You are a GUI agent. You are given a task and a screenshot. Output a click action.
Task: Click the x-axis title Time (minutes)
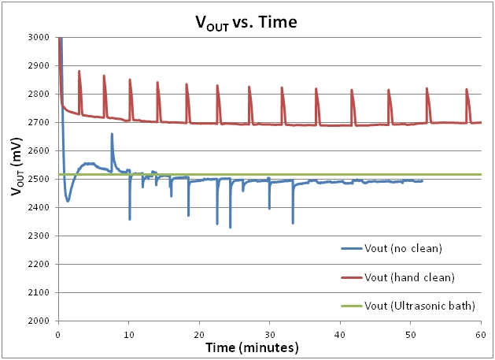click(x=268, y=347)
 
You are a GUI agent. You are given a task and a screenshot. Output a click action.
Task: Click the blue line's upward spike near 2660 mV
click(x=112, y=134)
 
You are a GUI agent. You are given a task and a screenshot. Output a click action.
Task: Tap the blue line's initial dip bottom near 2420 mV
click(x=68, y=201)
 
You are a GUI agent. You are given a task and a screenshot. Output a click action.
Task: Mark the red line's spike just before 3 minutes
click(x=79, y=72)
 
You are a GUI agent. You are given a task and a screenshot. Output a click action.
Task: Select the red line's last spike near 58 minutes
click(x=467, y=90)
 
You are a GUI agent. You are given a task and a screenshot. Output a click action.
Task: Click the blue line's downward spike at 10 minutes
click(x=130, y=218)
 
